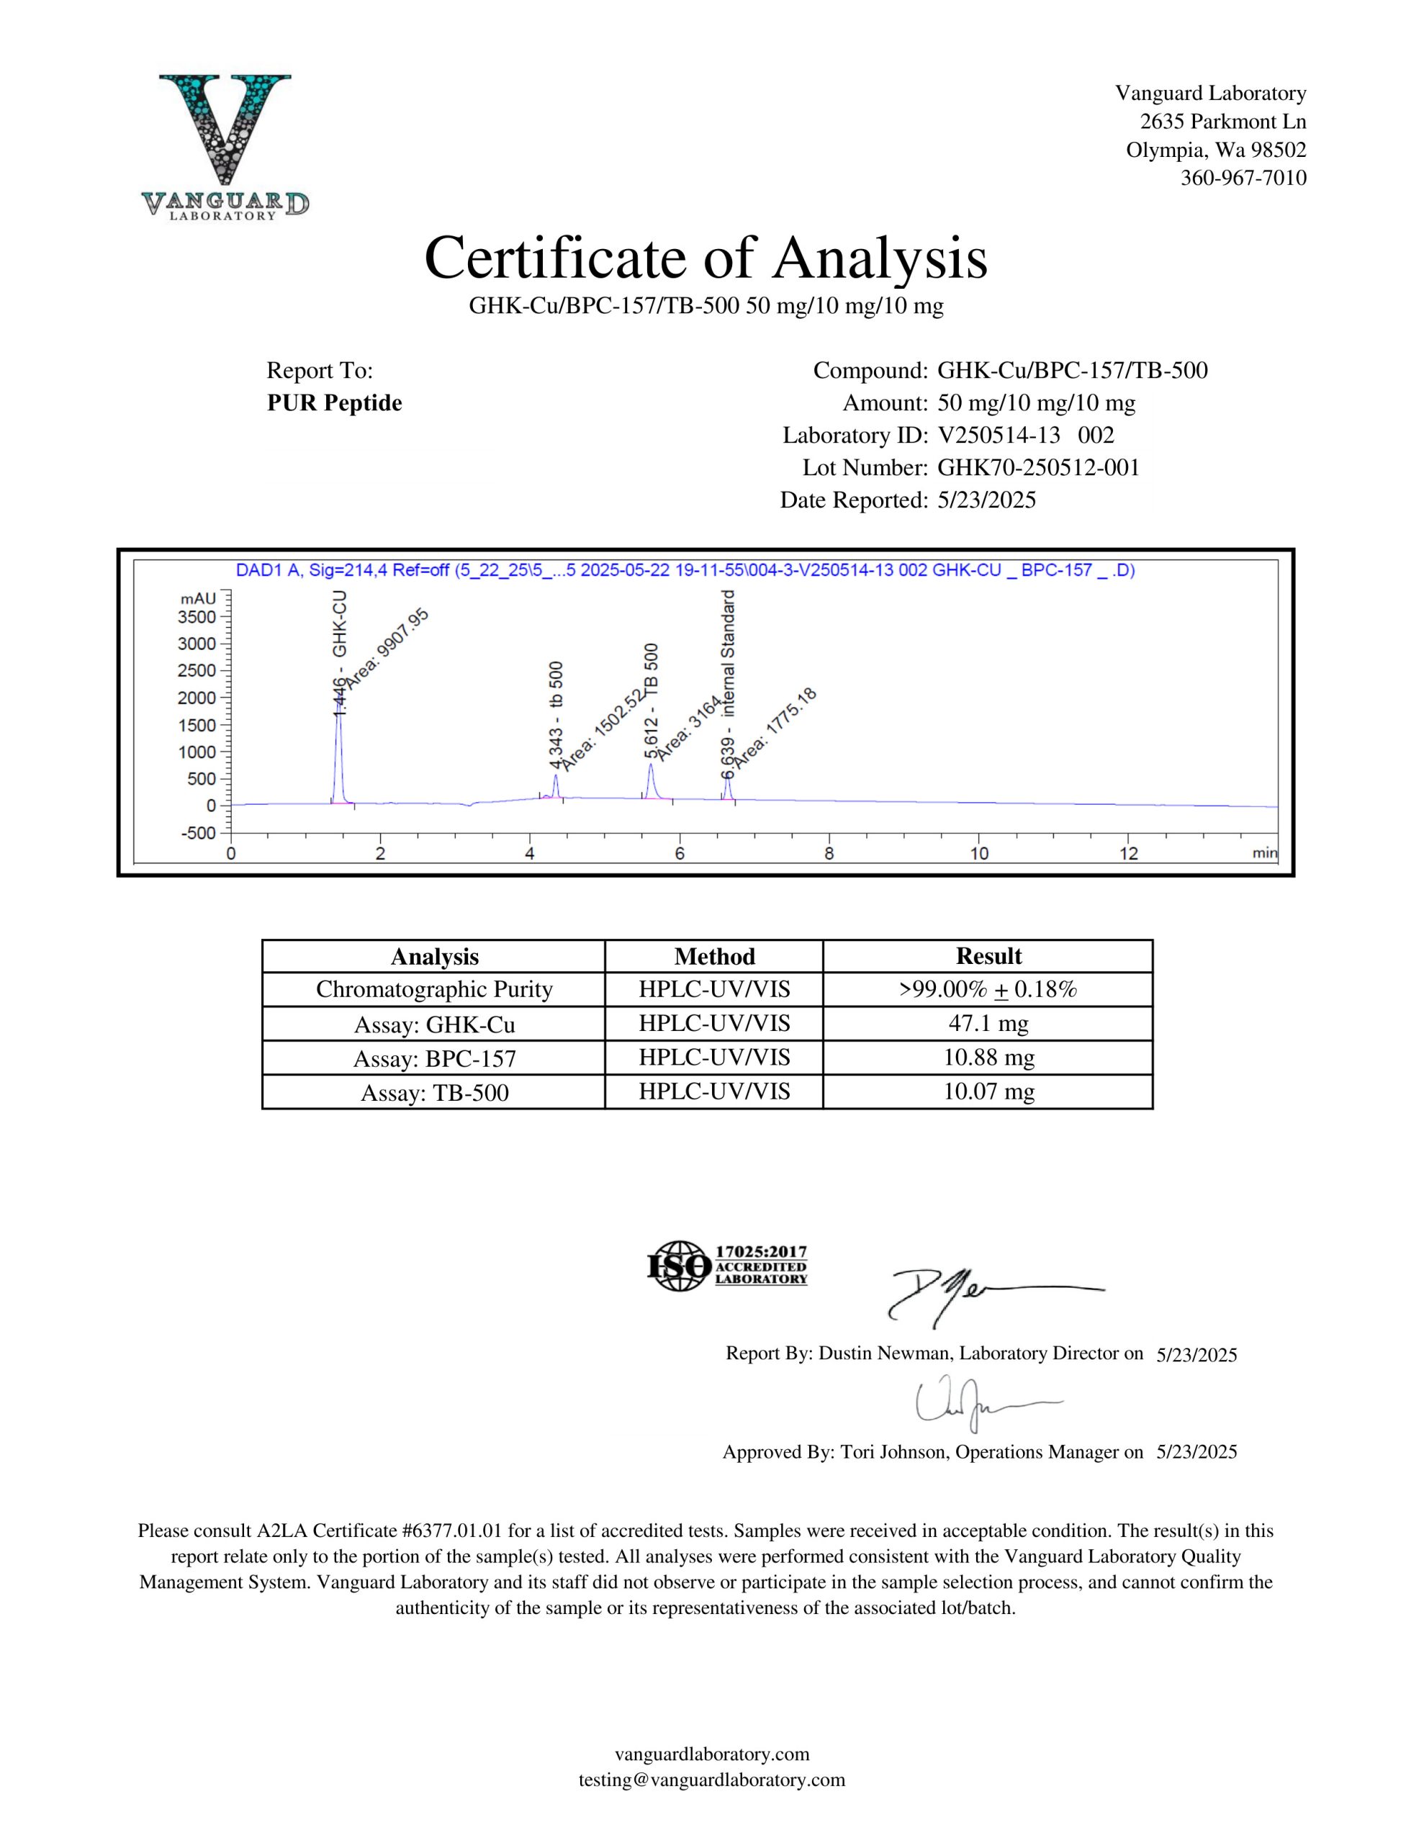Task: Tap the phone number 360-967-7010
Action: click(x=1243, y=178)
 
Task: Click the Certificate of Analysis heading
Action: click(x=706, y=258)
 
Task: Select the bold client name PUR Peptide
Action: click(x=334, y=403)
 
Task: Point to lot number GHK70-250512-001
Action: click(x=1038, y=467)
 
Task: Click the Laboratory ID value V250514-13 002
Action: click(x=1026, y=436)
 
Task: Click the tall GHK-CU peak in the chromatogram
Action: click(x=338, y=751)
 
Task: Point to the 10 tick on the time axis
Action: click(x=978, y=854)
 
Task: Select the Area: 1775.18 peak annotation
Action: click(x=773, y=729)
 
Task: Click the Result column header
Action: click(x=988, y=956)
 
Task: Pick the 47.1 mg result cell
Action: click(x=988, y=1024)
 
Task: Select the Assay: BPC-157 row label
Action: click(x=434, y=1059)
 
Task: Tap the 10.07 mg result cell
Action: click(x=988, y=1092)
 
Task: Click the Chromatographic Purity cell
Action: click(x=434, y=990)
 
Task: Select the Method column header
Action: click(x=714, y=956)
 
